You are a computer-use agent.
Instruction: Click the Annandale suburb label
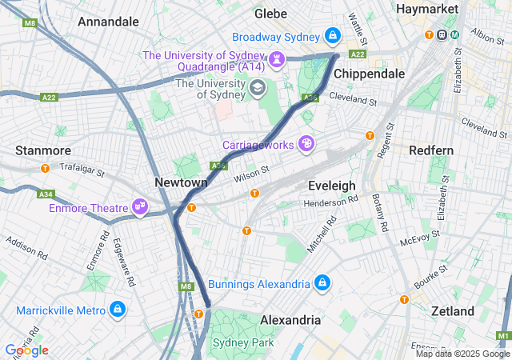tap(110, 22)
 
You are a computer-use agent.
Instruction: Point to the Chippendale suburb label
tap(369, 73)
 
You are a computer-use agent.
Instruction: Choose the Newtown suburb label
tap(181, 182)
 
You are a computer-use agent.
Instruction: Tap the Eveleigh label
tap(331, 185)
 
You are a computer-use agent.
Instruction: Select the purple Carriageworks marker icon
tap(305, 144)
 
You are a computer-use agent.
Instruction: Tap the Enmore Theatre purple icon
tap(140, 208)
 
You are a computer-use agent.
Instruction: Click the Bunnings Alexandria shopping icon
tap(322, 284)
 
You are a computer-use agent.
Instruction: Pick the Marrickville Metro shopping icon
tap(117, 309)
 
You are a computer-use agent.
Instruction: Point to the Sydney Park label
tap(242, 342)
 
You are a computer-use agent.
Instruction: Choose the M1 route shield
tap(502, 336)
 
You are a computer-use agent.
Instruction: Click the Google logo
tap(26, 350)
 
